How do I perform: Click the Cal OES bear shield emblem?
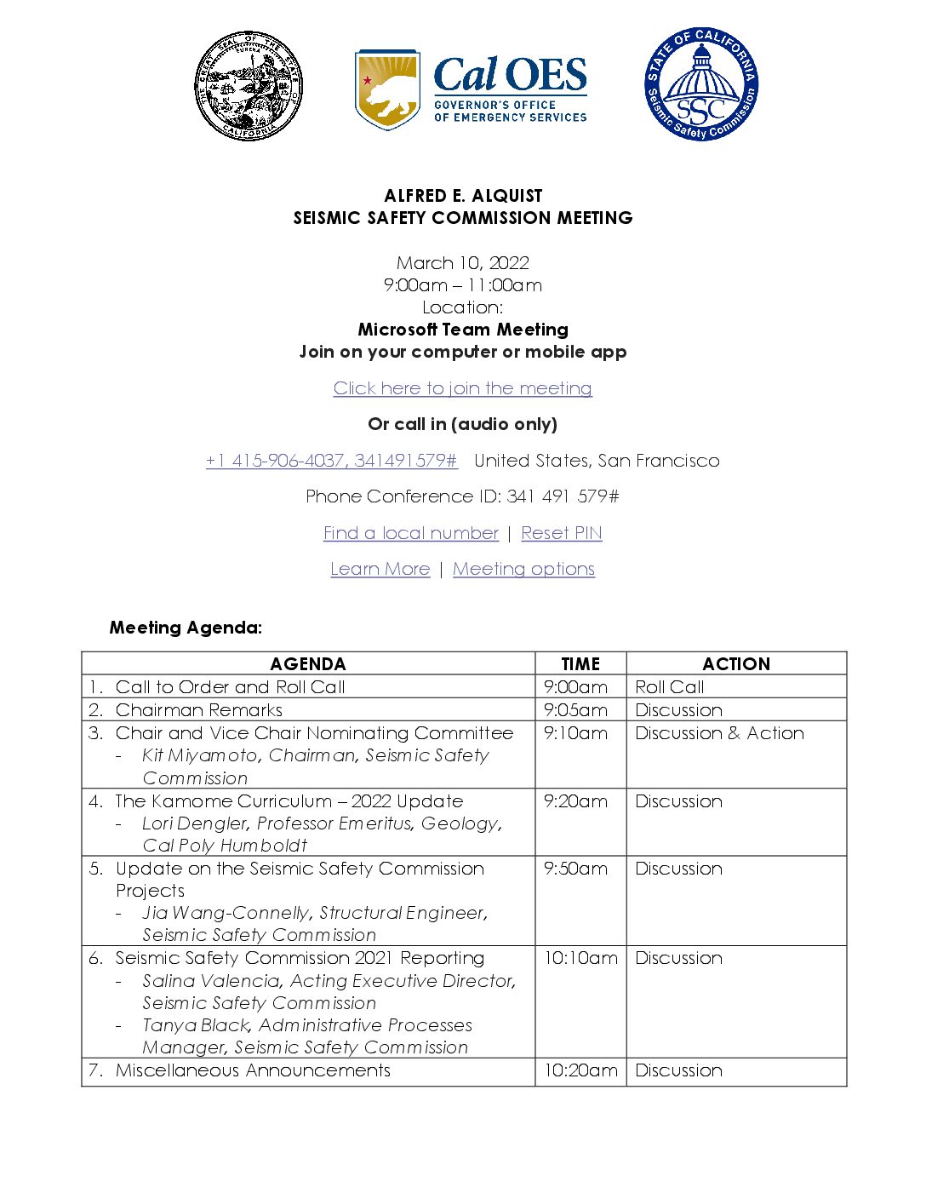387,89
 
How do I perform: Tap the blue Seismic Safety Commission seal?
700,84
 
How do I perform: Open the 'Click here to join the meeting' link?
462,388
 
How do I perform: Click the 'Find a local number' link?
410,533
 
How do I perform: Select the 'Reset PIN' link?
561,533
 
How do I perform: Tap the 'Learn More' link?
380,569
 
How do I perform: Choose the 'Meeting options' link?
523,569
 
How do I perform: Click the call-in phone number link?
331,461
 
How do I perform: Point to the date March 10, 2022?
462,263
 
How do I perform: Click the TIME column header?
580,664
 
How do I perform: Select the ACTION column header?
736,664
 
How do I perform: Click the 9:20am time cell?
575,801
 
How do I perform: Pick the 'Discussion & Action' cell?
719,733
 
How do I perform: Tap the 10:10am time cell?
580,958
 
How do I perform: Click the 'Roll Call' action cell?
670,687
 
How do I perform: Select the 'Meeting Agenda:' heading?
186,628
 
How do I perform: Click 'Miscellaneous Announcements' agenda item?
253,1070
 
